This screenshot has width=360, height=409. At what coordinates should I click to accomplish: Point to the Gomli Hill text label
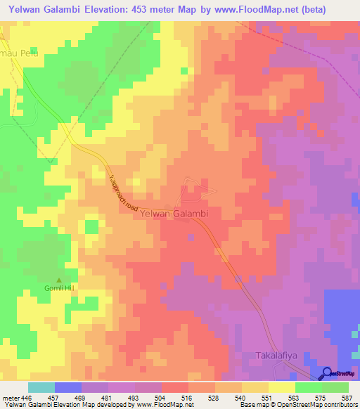(59, 290)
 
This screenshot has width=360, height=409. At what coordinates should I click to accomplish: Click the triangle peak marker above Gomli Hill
(59, 280)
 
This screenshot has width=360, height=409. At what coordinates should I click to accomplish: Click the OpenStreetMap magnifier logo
(328, 373)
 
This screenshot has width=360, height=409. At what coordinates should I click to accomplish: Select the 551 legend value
(269, 398)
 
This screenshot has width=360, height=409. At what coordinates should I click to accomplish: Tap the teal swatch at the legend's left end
(41, 387)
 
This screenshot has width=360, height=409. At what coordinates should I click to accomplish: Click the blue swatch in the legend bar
(68, 387)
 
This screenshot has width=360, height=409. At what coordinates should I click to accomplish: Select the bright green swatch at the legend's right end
(335, 387)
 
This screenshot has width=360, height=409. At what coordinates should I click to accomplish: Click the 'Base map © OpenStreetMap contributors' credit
(297, 405)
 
